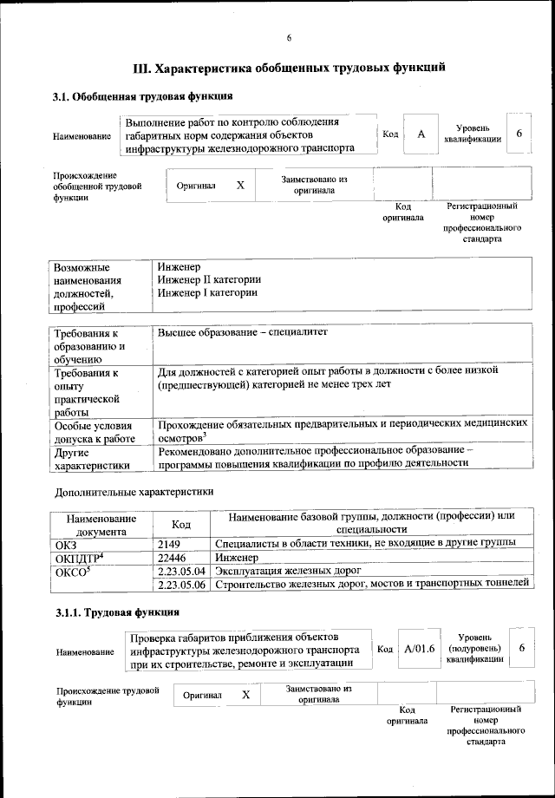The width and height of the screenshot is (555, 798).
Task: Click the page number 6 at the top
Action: point(289,36)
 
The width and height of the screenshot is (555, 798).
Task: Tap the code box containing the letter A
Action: point(421,134)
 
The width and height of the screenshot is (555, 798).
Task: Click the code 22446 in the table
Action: point(173,557)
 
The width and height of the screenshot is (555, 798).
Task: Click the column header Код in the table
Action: point(180,524)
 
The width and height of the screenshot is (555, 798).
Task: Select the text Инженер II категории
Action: point(209,279)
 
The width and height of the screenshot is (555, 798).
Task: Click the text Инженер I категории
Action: point(207,293)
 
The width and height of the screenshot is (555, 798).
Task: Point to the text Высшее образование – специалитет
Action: point(244,332)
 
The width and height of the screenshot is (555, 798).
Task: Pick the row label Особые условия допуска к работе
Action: point(94,433)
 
